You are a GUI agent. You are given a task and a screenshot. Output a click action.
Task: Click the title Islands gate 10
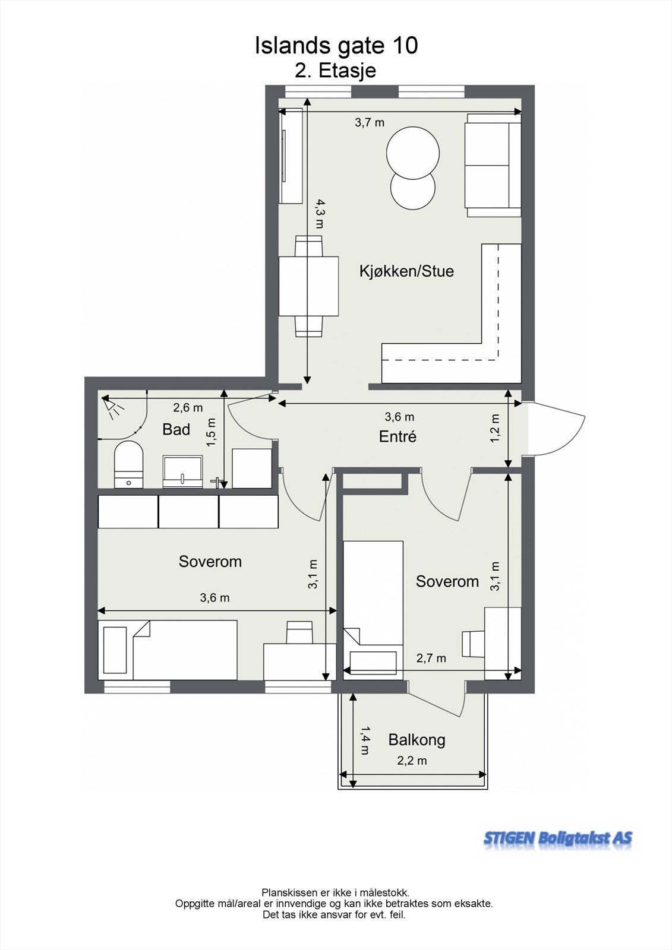pyautogui.click(x=336, y=46)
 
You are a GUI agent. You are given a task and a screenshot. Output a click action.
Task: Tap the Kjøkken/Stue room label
pyautogui.click(x=406, y=271)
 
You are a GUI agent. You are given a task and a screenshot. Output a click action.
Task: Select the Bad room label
pyautogui.click(x=176, y=429)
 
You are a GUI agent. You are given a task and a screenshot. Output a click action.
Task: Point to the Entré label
pyautogui.click(x=397, y=436)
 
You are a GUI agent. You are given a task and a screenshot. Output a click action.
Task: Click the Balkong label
pyautogui.click(x=417, y=740)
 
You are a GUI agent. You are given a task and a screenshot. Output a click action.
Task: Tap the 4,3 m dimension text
pyautogui.click(x=319, y=214)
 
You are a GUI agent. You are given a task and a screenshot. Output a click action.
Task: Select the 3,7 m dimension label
pyautogui.click(x=370, y=122)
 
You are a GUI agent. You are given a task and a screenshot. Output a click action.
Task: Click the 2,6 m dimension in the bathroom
pyautogui.click(x=188, y=408)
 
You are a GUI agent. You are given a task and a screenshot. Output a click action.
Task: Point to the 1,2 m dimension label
pyautogui.click(x=495, y=428)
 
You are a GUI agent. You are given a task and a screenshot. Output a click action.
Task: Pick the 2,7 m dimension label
pyautogui.click(x=431, y=658)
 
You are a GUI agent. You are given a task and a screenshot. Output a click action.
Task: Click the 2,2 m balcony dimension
pyautogui.click(x=412, y=761)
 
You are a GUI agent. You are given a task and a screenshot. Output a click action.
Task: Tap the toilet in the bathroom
pyautogui.click(x=128, y=464)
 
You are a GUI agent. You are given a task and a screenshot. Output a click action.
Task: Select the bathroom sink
pyautogui.click(x=183, y=471)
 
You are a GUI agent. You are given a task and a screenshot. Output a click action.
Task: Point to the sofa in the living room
pyautogui.click(x=493, y=165)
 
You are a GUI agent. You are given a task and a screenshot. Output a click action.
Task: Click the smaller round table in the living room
pyautogui.click(x=413, y=189)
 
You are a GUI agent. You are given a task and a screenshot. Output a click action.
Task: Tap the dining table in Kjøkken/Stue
pyautogui.click(x=308, y=286)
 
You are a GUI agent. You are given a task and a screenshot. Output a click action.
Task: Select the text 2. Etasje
pyautogui.click(x=335, y=71)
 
